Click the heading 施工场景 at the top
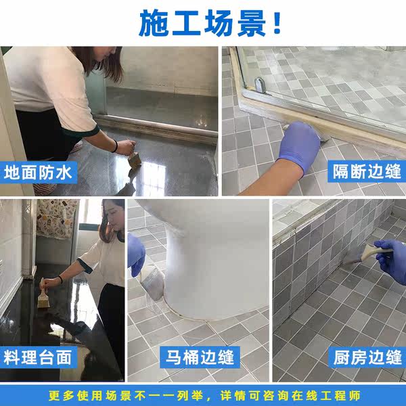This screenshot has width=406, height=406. click(x=203, y=23)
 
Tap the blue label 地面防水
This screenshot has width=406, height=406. click(x=39, y=173)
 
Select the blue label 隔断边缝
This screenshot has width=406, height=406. click(x=367, y=171)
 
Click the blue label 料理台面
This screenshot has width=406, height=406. click(x=38, y=357)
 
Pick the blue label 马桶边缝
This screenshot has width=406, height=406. click(x=200, y=357)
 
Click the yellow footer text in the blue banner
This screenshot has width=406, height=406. click(x=204, y=396)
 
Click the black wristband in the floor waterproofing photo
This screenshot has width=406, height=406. click(x=115, y=146)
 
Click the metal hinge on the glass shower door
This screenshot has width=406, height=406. click(x=260, y=85)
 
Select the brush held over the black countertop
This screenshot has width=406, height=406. click(x=43, y=294)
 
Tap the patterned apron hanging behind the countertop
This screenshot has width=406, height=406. click(x=57, y=219)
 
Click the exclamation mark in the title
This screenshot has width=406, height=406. click(x=277, y=23)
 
